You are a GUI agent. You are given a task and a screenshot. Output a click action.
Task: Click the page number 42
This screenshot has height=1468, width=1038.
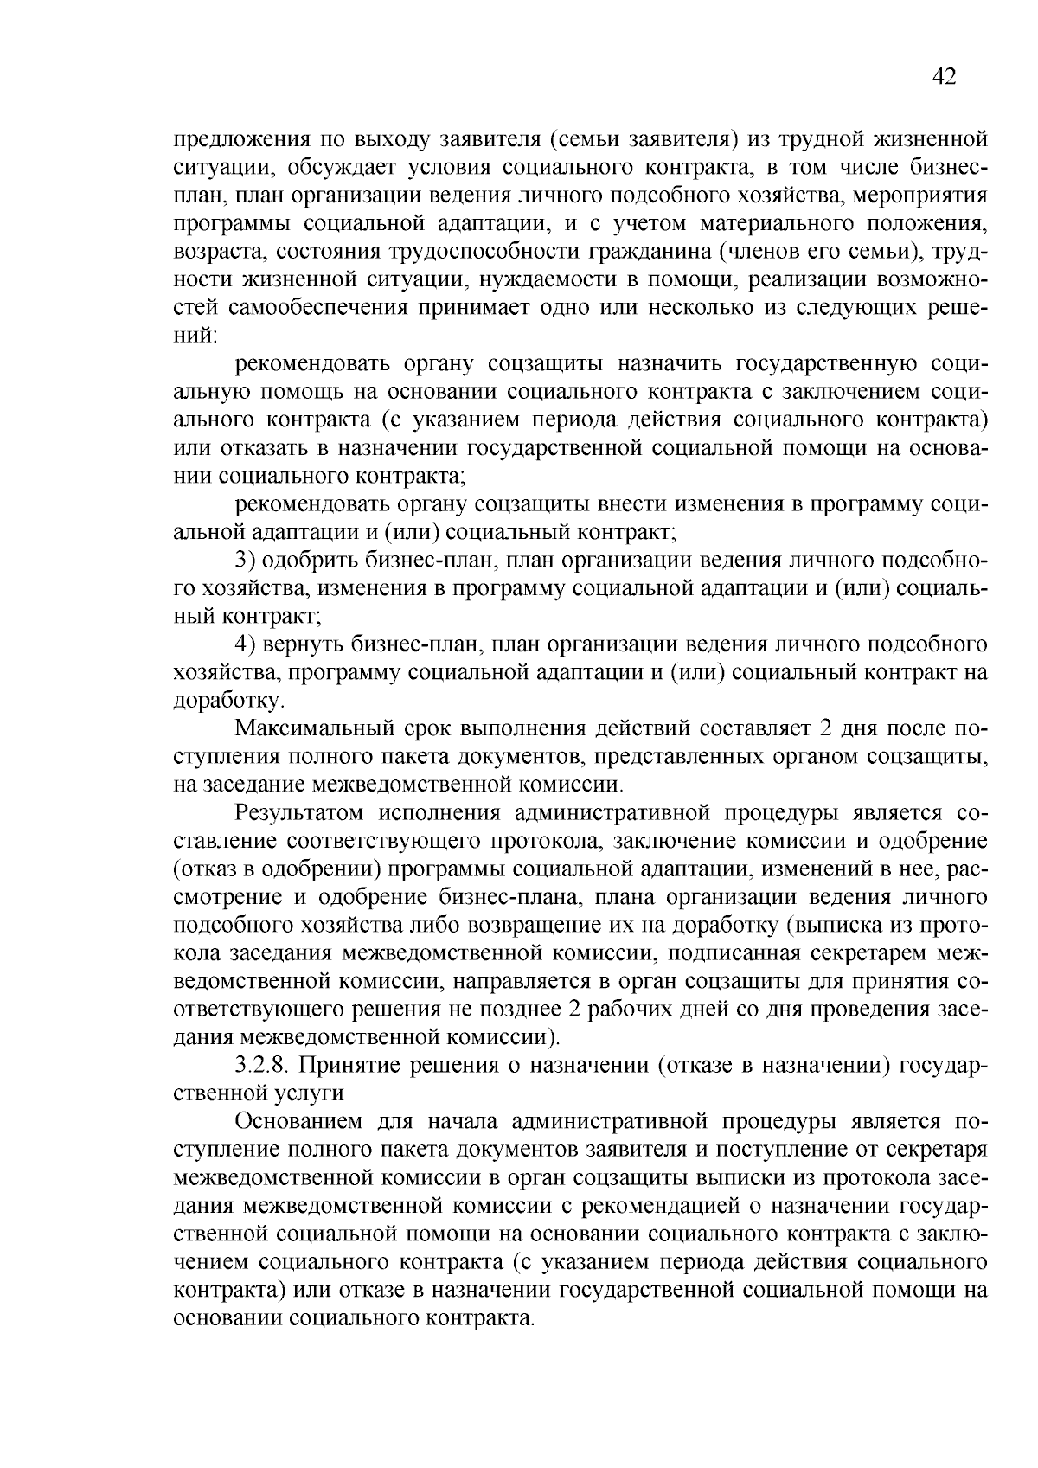click(944, 77)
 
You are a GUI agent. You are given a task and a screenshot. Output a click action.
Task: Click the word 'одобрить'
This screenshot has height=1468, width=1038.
click(306, 561)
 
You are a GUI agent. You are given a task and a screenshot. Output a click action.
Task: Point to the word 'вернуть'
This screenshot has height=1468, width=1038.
click(301, 644)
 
